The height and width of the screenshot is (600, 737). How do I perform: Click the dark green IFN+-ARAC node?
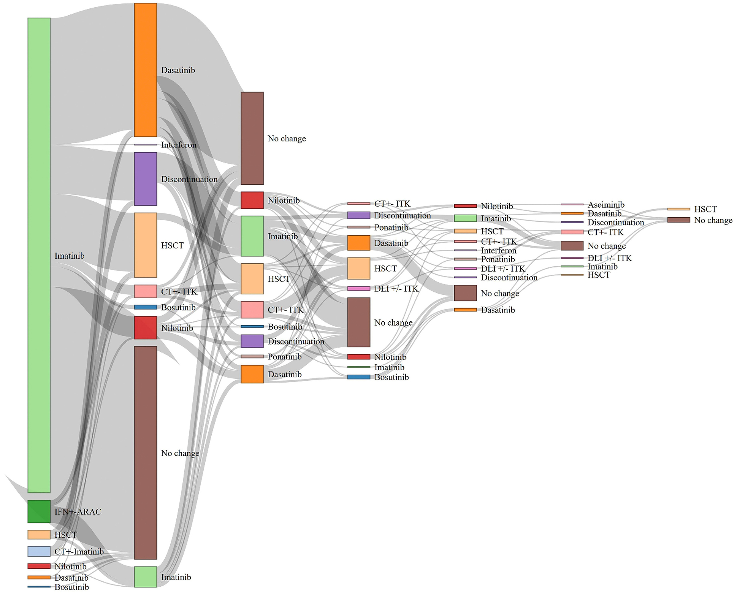pos(39,511)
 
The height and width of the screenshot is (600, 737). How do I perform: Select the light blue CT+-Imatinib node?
pos(39,551)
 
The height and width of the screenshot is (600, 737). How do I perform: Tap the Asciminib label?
pos(606,205)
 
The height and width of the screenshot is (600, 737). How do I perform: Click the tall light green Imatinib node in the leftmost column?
pos(39,255)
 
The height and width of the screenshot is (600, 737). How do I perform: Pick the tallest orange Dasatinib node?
pos(145,70)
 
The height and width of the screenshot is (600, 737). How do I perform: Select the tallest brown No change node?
pos(145,453)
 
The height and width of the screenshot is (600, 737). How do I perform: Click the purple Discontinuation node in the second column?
pos(145,179)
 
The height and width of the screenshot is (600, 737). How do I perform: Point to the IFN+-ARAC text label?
pos(78,512)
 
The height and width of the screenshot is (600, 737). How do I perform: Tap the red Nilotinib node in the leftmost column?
pos(39,566)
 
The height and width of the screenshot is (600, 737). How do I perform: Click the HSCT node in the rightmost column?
pos(678,209)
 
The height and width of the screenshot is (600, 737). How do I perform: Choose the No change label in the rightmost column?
pos(713,220)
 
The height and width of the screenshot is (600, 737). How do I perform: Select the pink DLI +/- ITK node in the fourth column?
pos(358,288)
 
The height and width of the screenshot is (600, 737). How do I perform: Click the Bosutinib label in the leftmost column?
pos(71,587)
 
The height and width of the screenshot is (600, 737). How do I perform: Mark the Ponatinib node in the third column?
pos(252,357)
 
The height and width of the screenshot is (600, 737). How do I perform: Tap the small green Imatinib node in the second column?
pos(145,577)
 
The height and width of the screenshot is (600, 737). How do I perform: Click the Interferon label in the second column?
pos(179,145)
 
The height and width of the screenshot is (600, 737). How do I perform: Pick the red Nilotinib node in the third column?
pos(252,200)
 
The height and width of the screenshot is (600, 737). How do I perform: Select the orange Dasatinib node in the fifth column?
pos(465,310)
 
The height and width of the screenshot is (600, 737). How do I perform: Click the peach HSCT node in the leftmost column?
pos(39,535)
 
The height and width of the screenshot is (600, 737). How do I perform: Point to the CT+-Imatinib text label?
pos(79,551)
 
